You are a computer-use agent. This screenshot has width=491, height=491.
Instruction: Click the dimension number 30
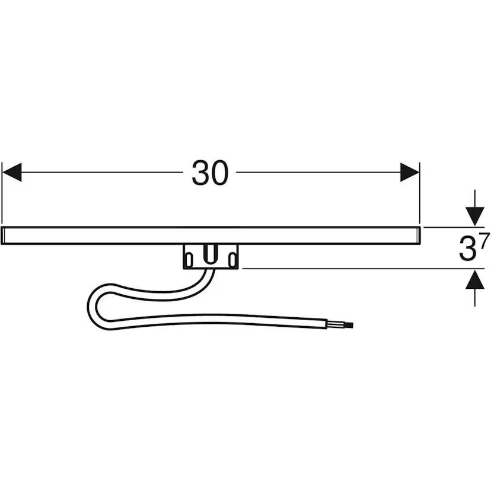point(210,173)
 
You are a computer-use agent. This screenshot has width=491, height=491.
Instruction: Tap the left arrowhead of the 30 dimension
point(12,172)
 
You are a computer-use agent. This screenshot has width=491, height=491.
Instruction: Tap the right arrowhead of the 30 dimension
point(410,172)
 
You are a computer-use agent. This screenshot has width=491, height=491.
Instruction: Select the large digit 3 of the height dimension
point(467,249)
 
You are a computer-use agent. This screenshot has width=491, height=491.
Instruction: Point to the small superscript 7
point(484,241)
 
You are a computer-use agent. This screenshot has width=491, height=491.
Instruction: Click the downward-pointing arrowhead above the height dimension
point(475,216)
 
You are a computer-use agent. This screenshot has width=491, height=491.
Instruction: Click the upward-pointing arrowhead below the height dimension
point(475,279)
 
